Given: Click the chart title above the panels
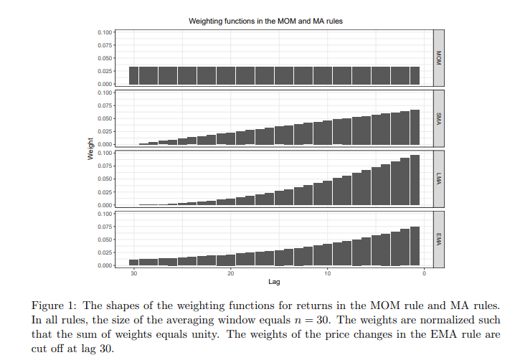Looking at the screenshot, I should coord(265,22).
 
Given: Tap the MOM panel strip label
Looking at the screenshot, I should coord(439,57).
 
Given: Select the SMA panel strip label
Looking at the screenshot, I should coord(439,118).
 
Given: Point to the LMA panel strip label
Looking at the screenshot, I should coord(439,178).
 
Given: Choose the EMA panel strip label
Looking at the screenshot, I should coord(439,238).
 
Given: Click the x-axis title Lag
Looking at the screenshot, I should coord(273,282).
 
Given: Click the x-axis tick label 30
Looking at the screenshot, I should coord(134,273).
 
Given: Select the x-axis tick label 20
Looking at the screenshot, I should coord(230,273).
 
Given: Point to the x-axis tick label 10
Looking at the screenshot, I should coord(327,273).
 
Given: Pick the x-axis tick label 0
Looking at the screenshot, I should coord(424,273).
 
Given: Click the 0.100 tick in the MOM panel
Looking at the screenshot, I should coord(104,32).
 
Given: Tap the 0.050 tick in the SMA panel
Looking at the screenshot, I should coord(104,118).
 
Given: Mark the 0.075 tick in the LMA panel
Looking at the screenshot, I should coord(104,166).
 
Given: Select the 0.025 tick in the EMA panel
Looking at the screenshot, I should coord(104,252).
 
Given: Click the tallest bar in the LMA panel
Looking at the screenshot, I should coord(415,180).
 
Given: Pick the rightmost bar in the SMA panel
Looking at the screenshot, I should coord(415,128).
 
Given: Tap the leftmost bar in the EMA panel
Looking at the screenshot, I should coord(134,262).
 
